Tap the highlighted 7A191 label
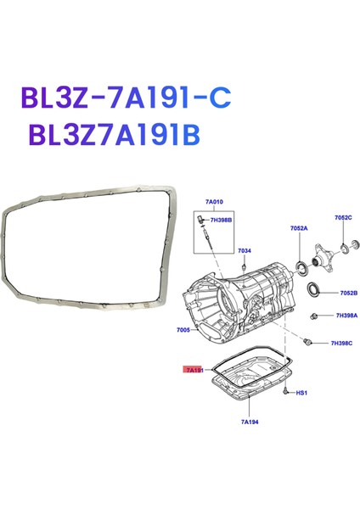195,370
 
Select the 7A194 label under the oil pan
249,421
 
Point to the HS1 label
301,394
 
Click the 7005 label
184,329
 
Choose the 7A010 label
213,203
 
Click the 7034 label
245,250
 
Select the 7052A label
298,229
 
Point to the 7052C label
342,218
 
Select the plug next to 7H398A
316,316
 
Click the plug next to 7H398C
307,342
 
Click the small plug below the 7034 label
243,266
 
